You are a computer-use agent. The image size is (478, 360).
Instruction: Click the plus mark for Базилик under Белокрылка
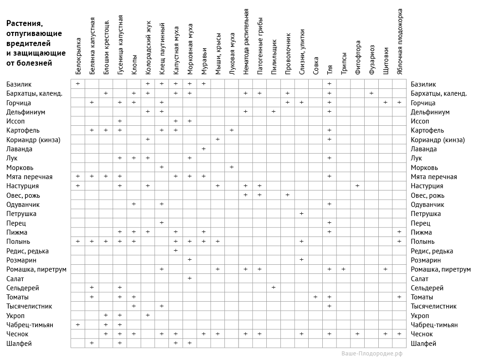point(78,84)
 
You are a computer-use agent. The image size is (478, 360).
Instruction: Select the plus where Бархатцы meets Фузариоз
point(371,93)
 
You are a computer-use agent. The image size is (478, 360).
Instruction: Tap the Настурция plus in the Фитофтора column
point(357,186)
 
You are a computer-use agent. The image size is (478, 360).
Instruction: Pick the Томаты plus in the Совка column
point(315,297)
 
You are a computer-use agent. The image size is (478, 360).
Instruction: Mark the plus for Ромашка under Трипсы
point(343,269)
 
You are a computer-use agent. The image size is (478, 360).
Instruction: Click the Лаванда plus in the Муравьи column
point(203,149)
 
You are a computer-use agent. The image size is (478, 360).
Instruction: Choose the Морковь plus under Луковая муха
point(232,167)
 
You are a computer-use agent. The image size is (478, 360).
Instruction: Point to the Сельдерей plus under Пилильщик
point(274,288)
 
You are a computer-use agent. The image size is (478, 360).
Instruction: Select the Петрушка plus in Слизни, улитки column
point(301,214)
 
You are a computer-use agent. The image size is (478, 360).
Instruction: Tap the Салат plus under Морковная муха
point(190,278)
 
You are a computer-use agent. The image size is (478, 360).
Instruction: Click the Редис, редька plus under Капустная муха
point(176,251)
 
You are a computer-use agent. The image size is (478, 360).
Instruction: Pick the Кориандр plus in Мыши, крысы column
point(218,139)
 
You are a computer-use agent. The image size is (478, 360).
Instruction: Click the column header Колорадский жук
point(148,48)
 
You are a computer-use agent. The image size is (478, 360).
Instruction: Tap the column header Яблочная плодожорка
point(400,41)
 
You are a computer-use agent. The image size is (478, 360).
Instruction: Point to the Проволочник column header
point(288,53)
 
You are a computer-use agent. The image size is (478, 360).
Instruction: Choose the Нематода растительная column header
point(246,41)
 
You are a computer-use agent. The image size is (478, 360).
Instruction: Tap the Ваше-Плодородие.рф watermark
point(372,354)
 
